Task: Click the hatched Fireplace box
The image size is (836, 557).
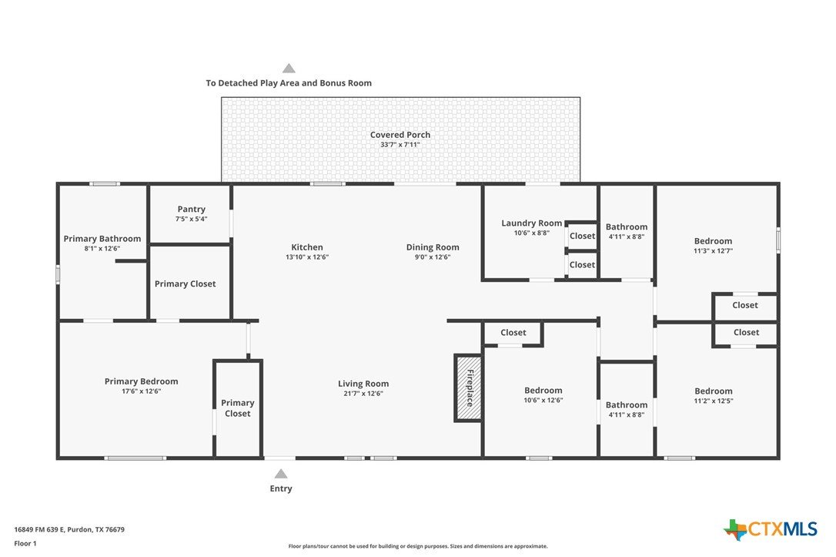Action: (x=468, y=388)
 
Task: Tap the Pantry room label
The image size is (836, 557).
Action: (x=192, y=209)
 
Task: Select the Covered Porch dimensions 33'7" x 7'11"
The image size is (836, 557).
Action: (x=400, y=145)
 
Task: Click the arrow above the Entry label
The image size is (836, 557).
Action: (x=281, y=474)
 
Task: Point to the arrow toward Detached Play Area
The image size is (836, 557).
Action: (x=289, y=69)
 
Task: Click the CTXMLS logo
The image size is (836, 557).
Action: (x=771, y=529)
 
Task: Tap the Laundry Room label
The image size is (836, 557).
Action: (x=532, y=223)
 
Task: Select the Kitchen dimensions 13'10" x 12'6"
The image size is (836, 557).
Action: (x=307, y=257)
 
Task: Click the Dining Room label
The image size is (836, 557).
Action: (x=433, y=247)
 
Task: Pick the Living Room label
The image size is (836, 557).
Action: (x=363, y=384)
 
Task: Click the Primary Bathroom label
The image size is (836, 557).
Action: (x=102, y=239)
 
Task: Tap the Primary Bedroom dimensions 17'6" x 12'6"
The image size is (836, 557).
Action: (x=142, y=391)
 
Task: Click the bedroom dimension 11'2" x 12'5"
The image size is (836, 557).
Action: (x=714, y=401)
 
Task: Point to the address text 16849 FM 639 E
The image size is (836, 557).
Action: (x=39, y=530)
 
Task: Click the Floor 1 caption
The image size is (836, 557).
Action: (x=25, y=544)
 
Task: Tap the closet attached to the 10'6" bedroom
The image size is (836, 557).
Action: (x=513, y=332)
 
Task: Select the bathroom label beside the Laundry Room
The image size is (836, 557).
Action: (x=627, y=226)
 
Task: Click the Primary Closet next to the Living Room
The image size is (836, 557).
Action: (x=238, y=408)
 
